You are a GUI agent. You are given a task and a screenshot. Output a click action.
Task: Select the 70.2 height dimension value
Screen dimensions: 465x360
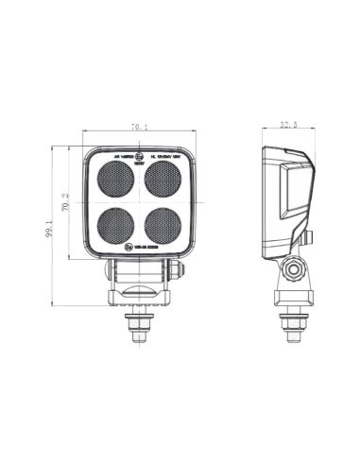[x=67, y=202]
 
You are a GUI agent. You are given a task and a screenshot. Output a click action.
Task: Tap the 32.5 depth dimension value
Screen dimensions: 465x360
[x=290, y=124]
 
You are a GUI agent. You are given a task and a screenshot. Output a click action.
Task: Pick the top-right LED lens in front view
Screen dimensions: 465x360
[x=163, y=177]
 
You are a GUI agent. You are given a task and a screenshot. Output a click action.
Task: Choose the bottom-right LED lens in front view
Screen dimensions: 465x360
[x=163, y=225]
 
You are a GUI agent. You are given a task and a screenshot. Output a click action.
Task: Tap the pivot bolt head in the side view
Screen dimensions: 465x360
[x=296, y=274]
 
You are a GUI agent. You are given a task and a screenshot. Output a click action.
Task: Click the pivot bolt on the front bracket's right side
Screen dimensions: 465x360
[x=176, y=272]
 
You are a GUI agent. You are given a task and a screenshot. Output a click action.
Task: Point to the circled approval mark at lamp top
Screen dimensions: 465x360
[x=140, y=153]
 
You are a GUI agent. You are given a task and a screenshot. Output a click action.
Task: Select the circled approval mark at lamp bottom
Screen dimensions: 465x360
[x=129, y=249]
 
